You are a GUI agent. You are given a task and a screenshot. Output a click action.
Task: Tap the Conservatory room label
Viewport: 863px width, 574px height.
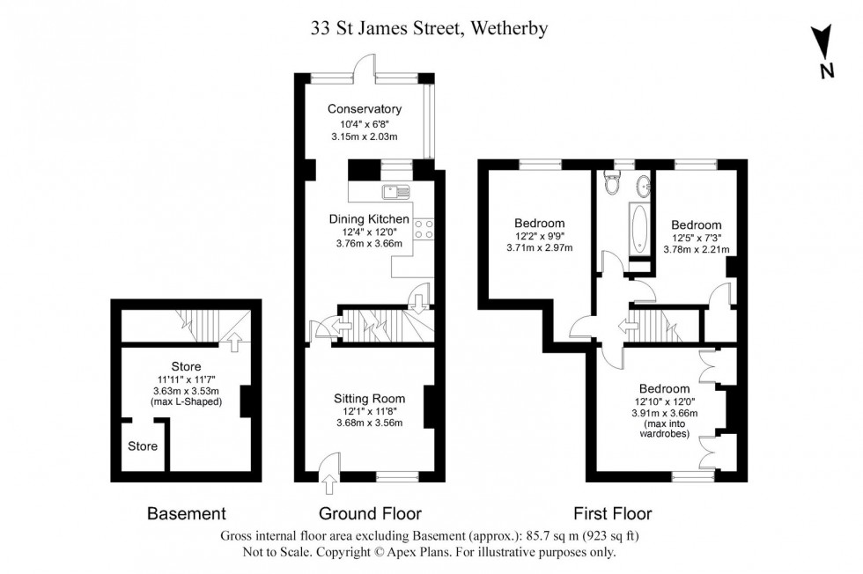pos(364,109)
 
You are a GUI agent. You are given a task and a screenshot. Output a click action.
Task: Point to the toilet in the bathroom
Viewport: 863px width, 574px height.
pos(613,184)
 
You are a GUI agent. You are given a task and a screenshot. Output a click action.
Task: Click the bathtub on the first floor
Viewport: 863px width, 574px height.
pos(637,226)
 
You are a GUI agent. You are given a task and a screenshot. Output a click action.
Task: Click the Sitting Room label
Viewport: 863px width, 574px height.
pos(367,396)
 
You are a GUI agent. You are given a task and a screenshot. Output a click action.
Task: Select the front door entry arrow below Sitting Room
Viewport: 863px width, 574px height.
pos(330,482)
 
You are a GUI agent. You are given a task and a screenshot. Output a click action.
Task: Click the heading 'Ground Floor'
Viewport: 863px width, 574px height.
pos(370,513)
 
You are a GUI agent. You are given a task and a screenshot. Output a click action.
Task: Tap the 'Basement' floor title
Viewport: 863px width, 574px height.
pos(186,513)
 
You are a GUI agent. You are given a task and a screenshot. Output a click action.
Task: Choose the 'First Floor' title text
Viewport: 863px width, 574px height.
pos(612,513)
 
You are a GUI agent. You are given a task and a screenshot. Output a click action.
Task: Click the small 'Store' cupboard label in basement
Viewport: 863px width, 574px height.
pos(143,446)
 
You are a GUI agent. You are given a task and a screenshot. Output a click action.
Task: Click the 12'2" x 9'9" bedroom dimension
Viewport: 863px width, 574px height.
pos(539,236)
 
